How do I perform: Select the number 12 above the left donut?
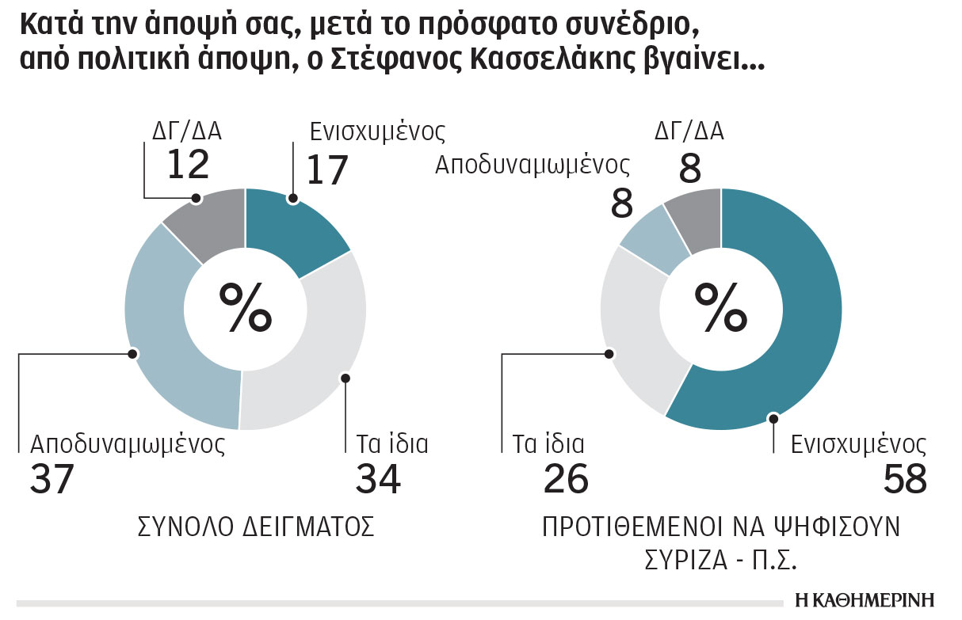tap(188, 164)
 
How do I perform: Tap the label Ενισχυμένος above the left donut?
tap(376, 131)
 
